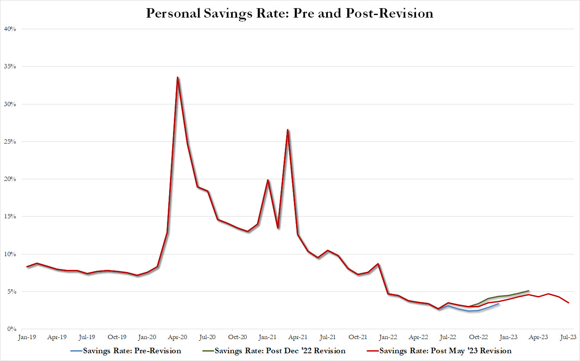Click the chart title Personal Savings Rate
pos(290,13)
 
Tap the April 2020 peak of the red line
pos(177,77)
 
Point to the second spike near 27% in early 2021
pos(287,129)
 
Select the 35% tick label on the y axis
pos(10,67)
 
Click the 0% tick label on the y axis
pos(12,329)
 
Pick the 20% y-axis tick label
pos(10,179)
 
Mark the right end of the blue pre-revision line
pos(498,304)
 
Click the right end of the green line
pos(528,291)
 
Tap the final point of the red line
pos(569,303)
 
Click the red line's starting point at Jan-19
pos(27,267)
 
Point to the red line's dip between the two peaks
pos(278,228)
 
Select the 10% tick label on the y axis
pos(10,254)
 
